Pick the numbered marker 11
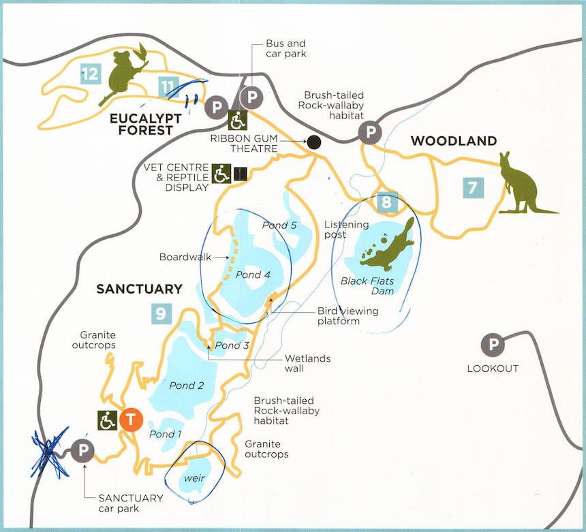tap(168, 87)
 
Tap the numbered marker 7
tap(472, 187)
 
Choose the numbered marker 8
tap(386, 202)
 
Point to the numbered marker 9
tap(159, 313)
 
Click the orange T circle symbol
tap(131, 420)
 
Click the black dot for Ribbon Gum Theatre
tap(313, 142)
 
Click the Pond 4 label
tap(248, 275)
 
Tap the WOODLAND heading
tap(453, 141)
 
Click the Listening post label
tap(346, 230)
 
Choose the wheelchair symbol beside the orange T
tap(108, 420)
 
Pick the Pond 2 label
tap(187, 386)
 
